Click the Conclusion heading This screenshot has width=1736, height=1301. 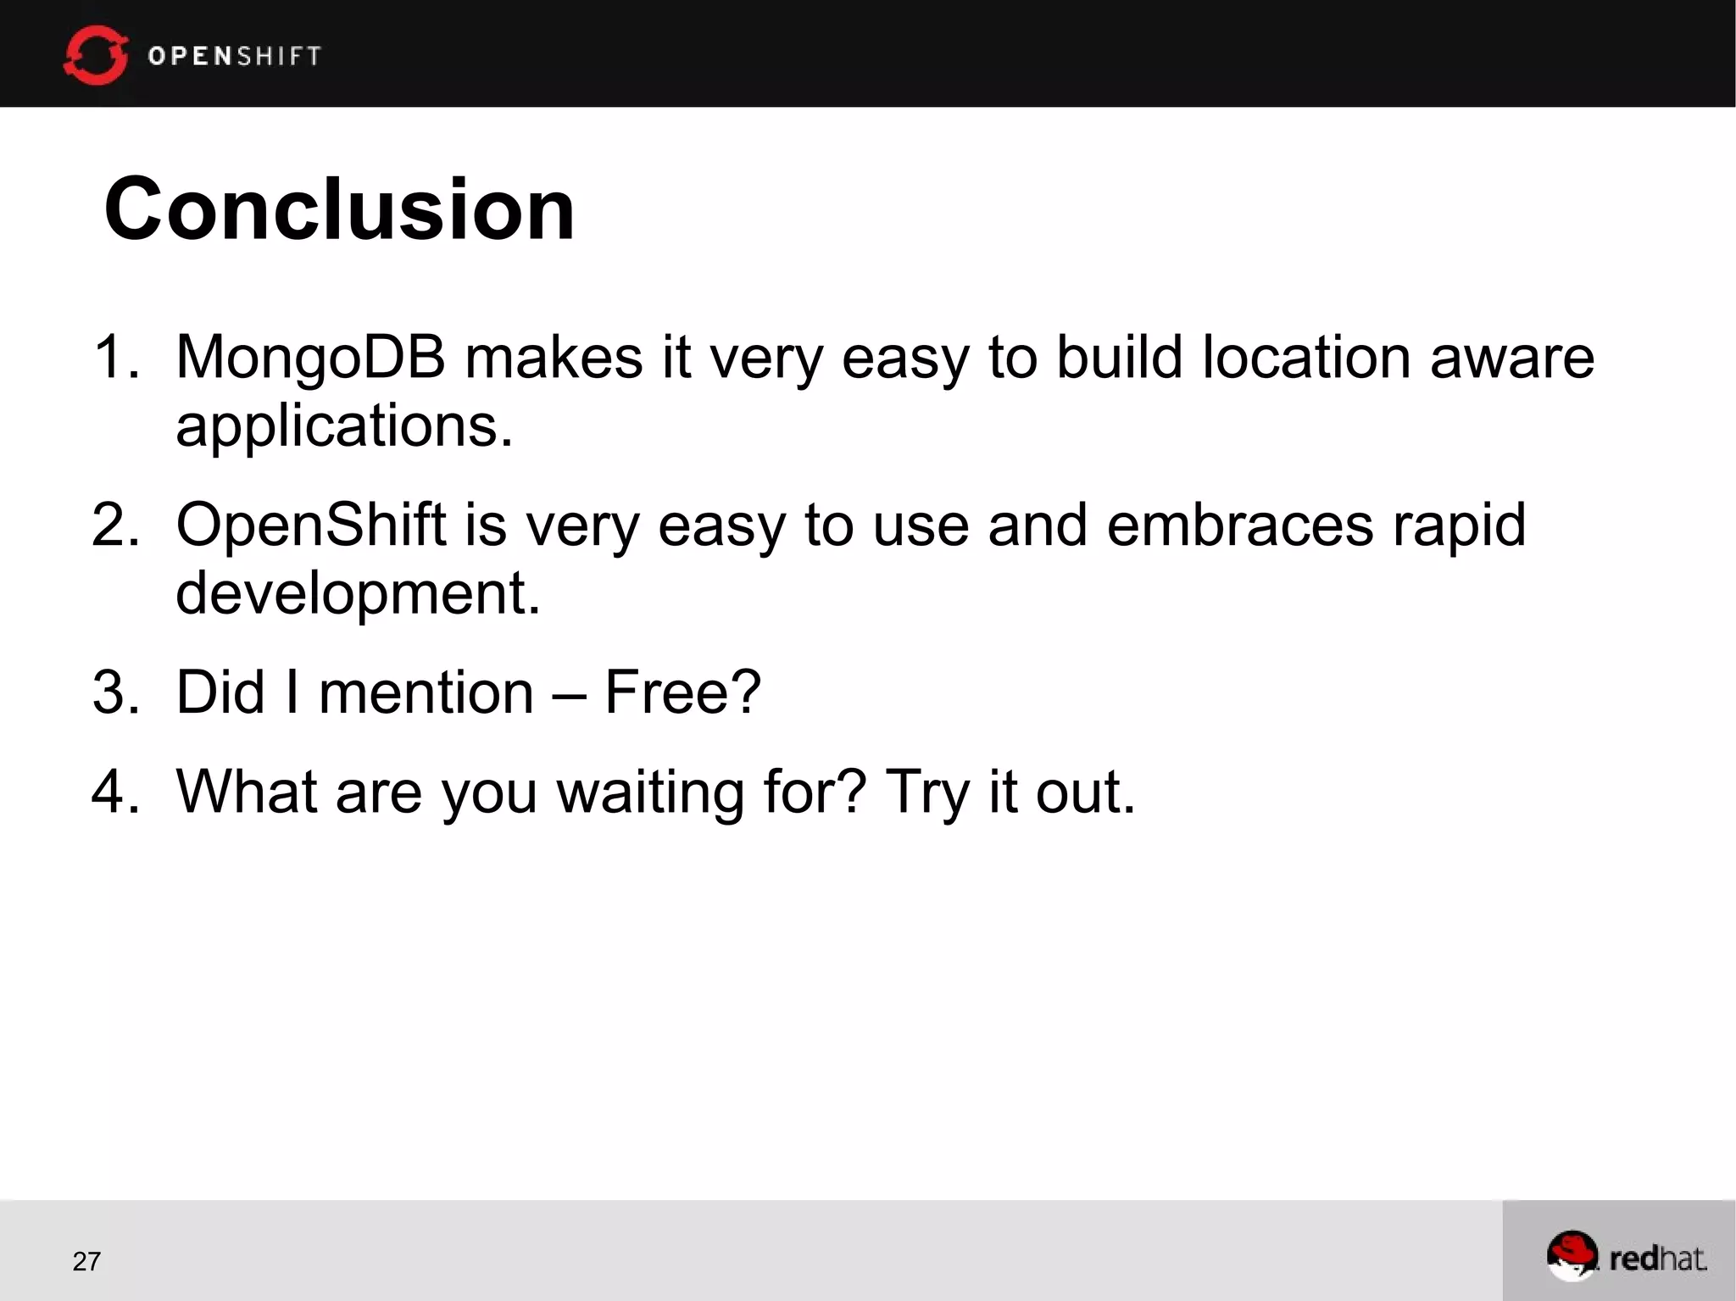[339, 209]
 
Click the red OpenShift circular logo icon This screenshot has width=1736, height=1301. [95, 56]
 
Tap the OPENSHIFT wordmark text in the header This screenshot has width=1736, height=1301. [235, 56]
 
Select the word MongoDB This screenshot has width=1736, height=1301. [310, 358]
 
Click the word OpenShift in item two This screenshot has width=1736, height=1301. [310, 525]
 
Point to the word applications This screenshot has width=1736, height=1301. [343, 426]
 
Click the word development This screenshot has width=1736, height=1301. [357, 593]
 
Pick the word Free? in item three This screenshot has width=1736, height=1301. [682, 692]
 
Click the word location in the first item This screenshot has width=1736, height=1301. [1306, 357]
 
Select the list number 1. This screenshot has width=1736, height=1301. [114, 357]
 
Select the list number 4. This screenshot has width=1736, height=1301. [114, 792]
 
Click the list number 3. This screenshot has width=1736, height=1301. [114, 692]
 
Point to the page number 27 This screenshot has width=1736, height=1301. [86, 1261]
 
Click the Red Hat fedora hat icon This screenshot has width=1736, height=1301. [1572, 1254]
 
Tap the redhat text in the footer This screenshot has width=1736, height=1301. [1657, 1259]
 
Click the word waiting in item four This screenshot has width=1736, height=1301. [649, 792]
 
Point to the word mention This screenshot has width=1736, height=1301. [426, 692]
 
